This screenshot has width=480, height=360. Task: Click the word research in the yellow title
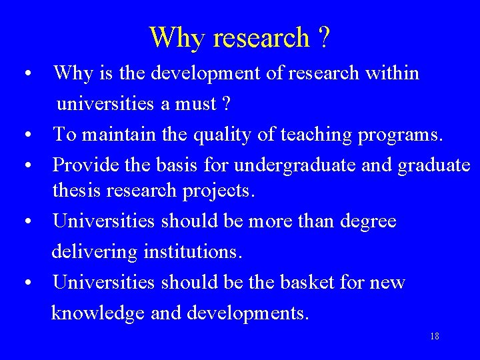click(261, 37)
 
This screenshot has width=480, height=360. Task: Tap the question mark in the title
click(323, 37)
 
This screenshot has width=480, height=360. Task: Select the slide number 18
click(435, 336)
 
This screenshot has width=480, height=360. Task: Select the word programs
click(400, 135)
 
